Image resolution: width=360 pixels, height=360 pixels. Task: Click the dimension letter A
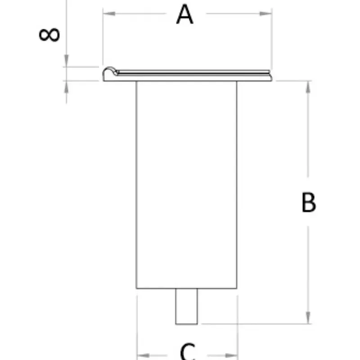click(185, 14)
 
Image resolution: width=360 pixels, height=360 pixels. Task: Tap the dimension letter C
click(188, 352)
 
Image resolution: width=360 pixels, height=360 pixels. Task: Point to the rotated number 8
click(49, 35)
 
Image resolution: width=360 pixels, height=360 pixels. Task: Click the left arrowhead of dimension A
click(109, 13)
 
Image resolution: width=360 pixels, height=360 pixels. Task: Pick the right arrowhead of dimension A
click(265, 13)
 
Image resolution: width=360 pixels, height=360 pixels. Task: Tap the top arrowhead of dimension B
click(308, 87)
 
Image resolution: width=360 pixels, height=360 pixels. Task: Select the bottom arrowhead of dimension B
click(308, 318)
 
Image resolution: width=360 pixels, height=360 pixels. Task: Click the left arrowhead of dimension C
click(143, 355)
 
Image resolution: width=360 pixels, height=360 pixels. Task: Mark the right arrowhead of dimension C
click(231, 355)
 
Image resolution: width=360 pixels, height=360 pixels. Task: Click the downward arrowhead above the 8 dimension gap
click(66, 61)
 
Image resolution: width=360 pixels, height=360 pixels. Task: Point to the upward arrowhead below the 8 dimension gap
click(66, 87)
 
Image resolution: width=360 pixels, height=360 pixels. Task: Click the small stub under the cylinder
click(186, 306)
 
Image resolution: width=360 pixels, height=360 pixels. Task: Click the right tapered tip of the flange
click(271, 77)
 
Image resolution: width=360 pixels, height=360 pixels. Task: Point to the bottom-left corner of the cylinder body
click(136, 288)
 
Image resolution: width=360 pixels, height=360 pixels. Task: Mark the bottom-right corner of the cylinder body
click(237, 288)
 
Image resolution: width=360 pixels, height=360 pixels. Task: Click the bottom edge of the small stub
click(186, 324)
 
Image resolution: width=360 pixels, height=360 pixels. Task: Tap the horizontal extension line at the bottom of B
click(256, 324)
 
